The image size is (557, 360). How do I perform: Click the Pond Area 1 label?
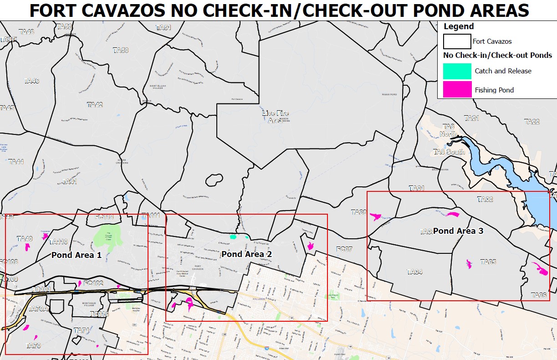click(x=76, y=255)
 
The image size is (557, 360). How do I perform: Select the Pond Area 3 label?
click(x=458, y=231)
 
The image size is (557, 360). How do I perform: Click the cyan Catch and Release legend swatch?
click(x=457, y=71)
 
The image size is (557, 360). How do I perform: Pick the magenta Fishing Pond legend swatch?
click(x=457, y=89)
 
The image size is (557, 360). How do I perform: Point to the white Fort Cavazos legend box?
click(x=457, y=41)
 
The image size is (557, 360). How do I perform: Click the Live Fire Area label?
click(x=276, y=117)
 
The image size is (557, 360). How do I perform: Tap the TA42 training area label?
click(x=95, y=105)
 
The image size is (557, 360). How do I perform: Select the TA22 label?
click(x=531, y=122)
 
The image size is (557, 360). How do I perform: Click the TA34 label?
click(x=414, y=272)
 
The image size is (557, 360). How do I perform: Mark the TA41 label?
click(x=69, y=181)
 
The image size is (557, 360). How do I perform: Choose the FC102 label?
click(x=93, y=283)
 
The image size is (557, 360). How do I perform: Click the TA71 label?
click(x=82, y=330)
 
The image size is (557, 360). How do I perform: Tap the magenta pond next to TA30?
click(x=376, y=216)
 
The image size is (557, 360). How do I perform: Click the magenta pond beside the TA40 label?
click(x=28, y=247)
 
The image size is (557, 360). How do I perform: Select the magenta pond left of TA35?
click(x=469, y=263)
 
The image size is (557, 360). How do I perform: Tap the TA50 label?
click(x=121, y=50)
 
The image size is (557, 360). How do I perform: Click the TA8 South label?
click(x=449, y=152)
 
